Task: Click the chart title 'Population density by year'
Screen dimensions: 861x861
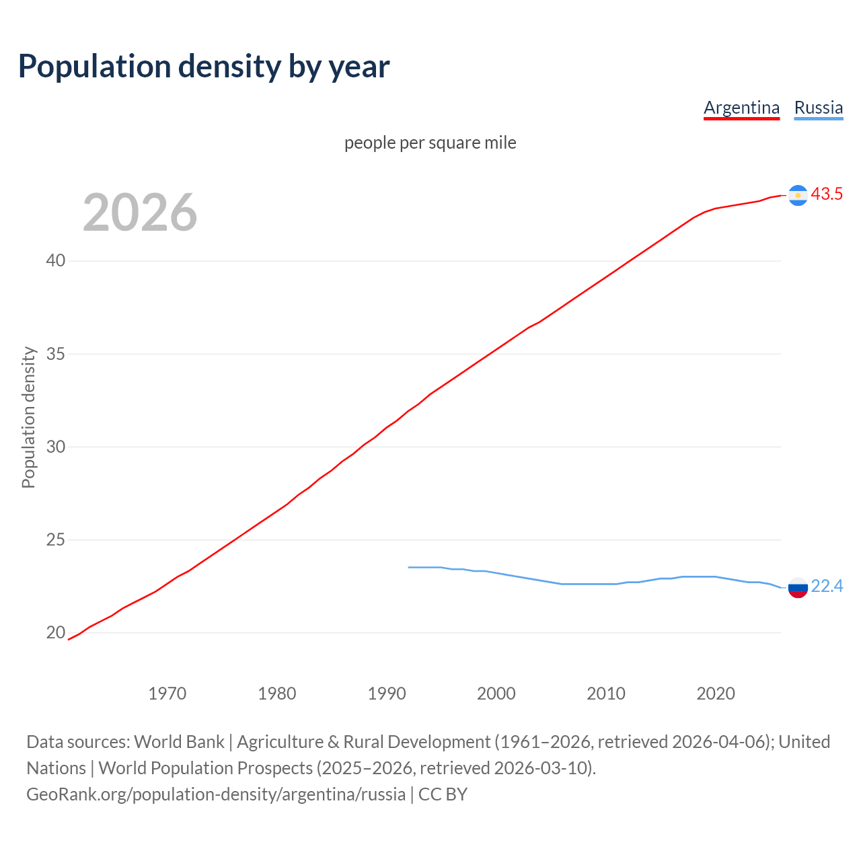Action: click(x=204, y=66)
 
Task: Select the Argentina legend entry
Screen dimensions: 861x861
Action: click(x=741, y=108)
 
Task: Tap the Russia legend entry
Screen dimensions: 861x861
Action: click(x=818, y=108)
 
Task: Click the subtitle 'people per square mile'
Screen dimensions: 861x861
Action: click(x=430, y=143)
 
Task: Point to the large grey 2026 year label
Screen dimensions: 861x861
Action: click(x=140, y=213)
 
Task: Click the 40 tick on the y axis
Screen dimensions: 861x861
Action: click(x=56, y=260)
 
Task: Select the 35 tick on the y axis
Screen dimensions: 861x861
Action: click(x=56, y=354)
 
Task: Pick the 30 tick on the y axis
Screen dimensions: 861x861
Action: click(x=56, y=447)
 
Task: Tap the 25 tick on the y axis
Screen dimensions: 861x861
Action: click(x=56, y=539)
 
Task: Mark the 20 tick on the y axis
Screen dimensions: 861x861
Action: click(x=56, y=632)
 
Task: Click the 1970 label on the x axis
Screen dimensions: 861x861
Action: click(x=167, y=694)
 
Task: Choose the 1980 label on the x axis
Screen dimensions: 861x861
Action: click(x=277, y=694)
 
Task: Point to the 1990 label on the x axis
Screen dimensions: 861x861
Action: click(x=387, y=694)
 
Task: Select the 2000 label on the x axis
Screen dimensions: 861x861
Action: click(x=496, y=694)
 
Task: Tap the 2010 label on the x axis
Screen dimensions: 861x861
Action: click(x=606, y=694)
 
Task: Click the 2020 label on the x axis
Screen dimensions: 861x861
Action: click(x=716, y=694)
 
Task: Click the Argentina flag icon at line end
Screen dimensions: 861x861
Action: click(x=798, y=195)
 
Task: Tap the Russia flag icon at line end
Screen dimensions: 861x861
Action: click(x=798, y=587)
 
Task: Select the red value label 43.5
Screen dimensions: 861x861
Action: click(x=827, y=194)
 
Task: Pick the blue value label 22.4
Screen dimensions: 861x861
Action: click(x=827, y=587)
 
